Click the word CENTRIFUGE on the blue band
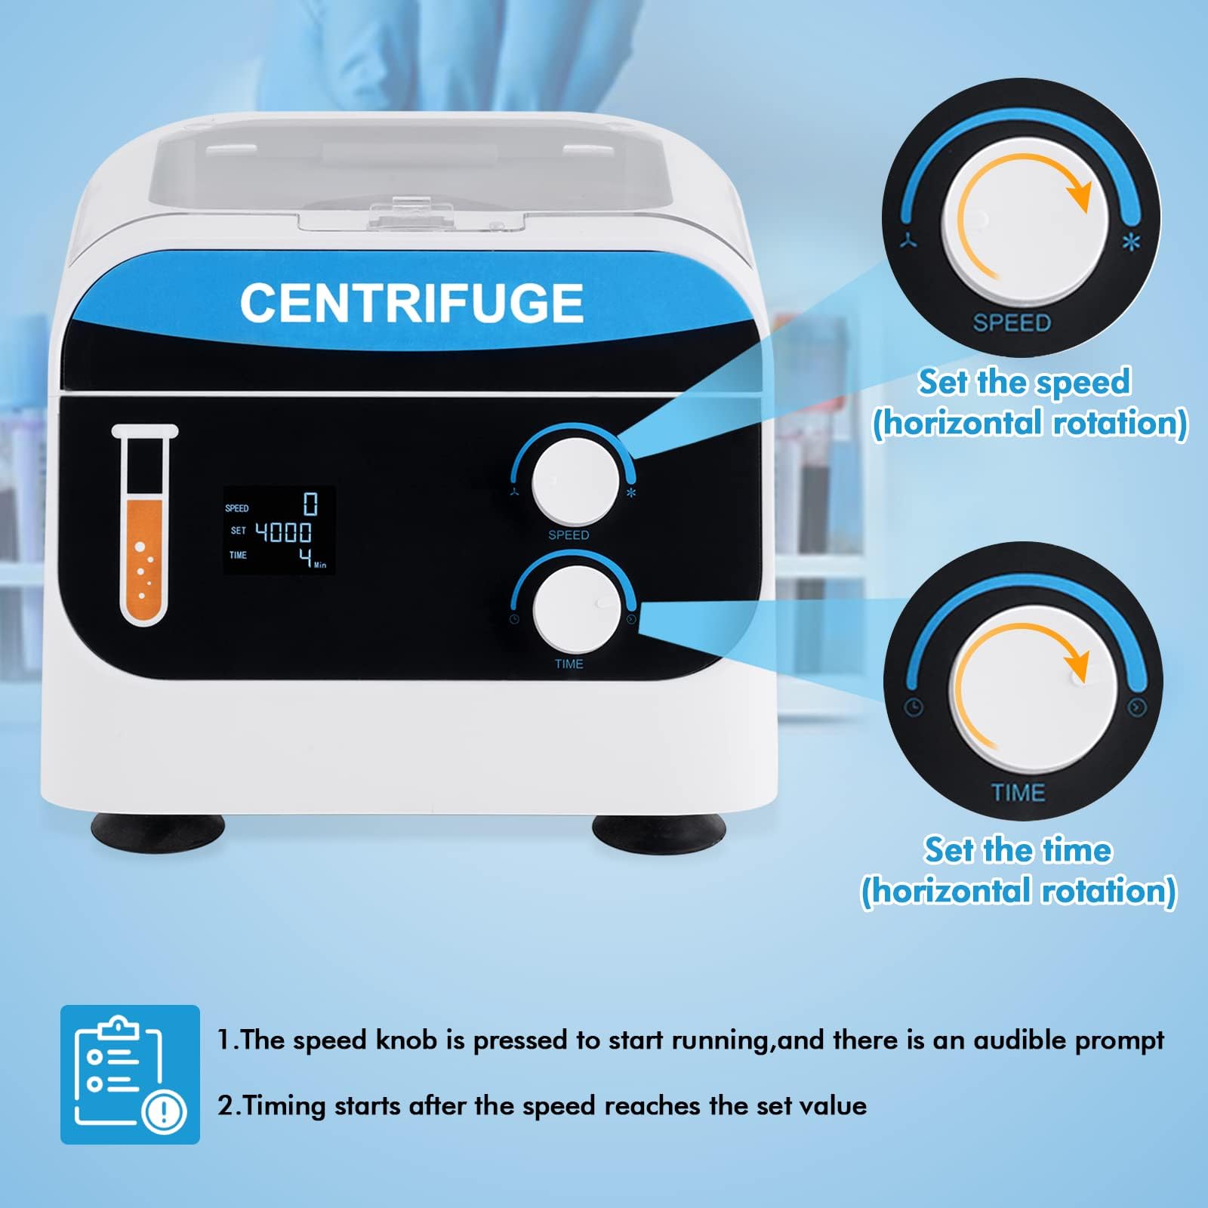point(411,303)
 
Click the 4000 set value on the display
point(283,532)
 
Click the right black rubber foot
point(658,831)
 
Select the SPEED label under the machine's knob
point(569,535)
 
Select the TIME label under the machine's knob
point(569,664)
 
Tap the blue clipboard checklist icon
point(130,1074)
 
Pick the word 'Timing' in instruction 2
point(283,1107)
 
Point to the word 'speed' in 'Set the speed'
point(1083,383)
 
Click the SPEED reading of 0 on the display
point(310,503)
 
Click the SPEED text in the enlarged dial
point(1012,323)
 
